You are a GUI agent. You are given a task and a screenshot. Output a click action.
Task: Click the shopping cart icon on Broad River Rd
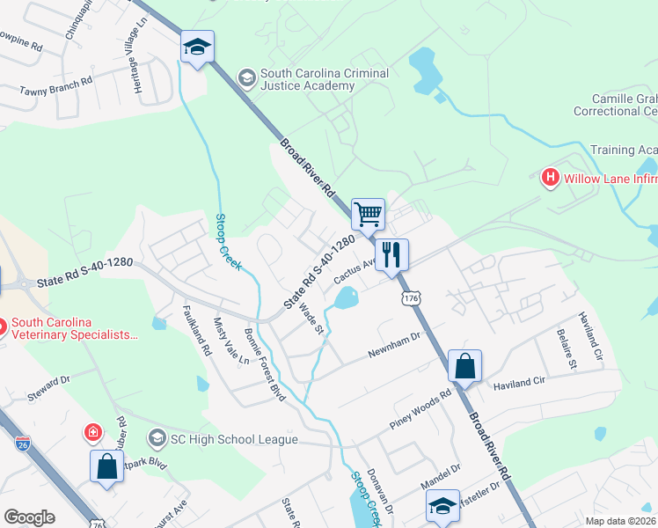click(368, 213)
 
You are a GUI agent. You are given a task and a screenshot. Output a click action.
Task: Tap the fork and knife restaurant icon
click(391, 253)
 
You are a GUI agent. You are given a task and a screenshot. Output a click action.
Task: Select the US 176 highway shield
click(410, 299)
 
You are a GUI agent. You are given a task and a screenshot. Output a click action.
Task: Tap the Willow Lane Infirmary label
click(610, 179)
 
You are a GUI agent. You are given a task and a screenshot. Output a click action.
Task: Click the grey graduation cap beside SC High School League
click(157, 437)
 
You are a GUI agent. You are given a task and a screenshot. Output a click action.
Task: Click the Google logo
click(29, 517)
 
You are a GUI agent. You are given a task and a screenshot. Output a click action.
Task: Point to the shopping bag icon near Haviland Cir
click(464, 367)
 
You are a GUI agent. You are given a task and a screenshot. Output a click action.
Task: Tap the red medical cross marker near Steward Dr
click(91, 432)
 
